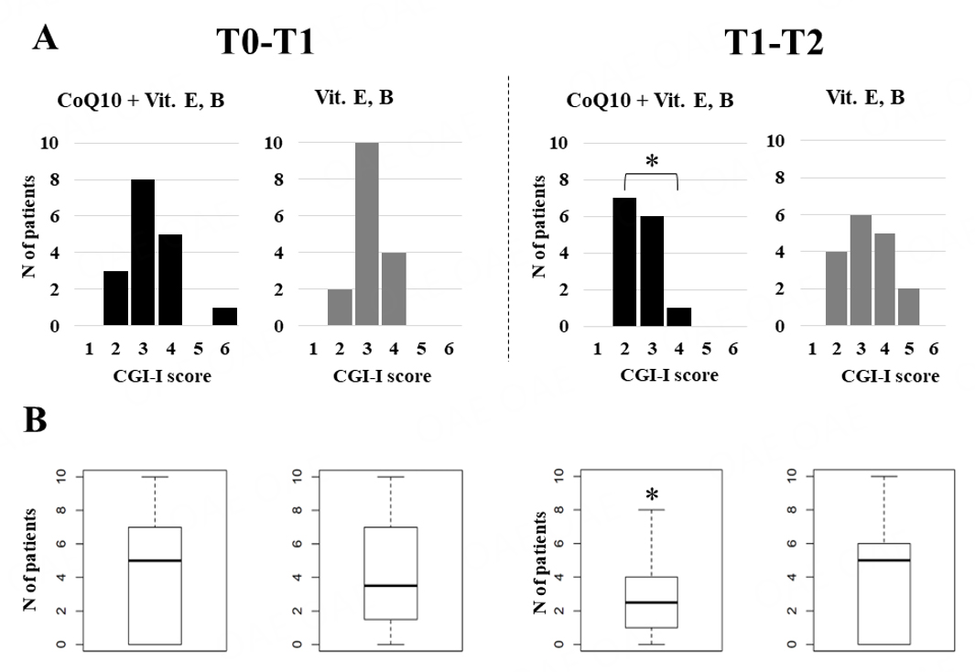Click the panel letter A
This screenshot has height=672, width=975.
pos(47,38)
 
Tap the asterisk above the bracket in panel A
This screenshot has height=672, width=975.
pos(651,162)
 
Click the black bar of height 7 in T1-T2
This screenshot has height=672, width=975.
pos(624,261)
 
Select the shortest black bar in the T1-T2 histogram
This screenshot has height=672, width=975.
pos(679,317)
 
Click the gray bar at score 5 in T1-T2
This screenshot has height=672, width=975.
pos(908,307)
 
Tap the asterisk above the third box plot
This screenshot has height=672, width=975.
pos(651,495)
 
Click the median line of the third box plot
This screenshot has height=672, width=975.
pos(651,602)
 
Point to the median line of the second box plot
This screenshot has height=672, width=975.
pos(391,585)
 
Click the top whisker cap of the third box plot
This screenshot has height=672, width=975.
pos(651,510)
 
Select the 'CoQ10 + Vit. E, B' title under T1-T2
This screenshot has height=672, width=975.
pos(650,100)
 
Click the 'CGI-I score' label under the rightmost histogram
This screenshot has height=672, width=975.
pos(890,376)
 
